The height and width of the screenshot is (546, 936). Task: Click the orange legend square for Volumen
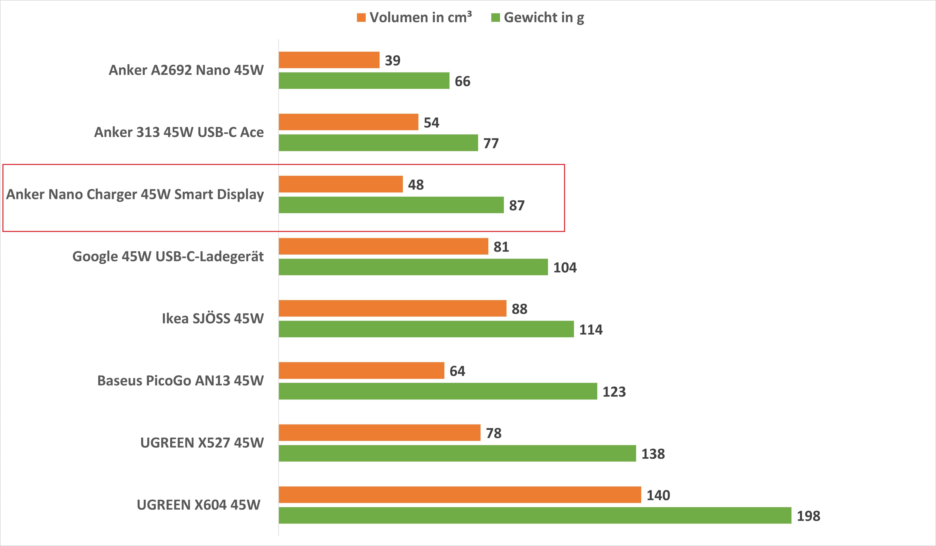click(x=361, y=17)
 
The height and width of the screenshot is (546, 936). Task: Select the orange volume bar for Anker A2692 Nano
click(x=329, y=60)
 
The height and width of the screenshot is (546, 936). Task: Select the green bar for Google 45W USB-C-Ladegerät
click(x=413, y=267)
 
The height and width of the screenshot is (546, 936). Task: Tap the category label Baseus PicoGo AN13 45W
click(x=181, y=381)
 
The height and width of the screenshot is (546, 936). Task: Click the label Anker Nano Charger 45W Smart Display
click(x=135, y=194)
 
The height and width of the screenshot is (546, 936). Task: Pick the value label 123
click(x=614, y=392)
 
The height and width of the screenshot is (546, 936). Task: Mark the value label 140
click(x=658, y=495)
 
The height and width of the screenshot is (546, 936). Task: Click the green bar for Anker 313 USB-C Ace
click(x=378, y=143)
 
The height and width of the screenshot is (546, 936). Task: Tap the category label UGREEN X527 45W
click(x=202, y=443)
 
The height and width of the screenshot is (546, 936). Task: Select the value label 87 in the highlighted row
click(x=517, y=205)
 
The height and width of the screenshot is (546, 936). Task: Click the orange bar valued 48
click(x=341, y=184)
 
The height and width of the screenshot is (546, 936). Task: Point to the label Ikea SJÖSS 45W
click(x=213, y=318)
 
